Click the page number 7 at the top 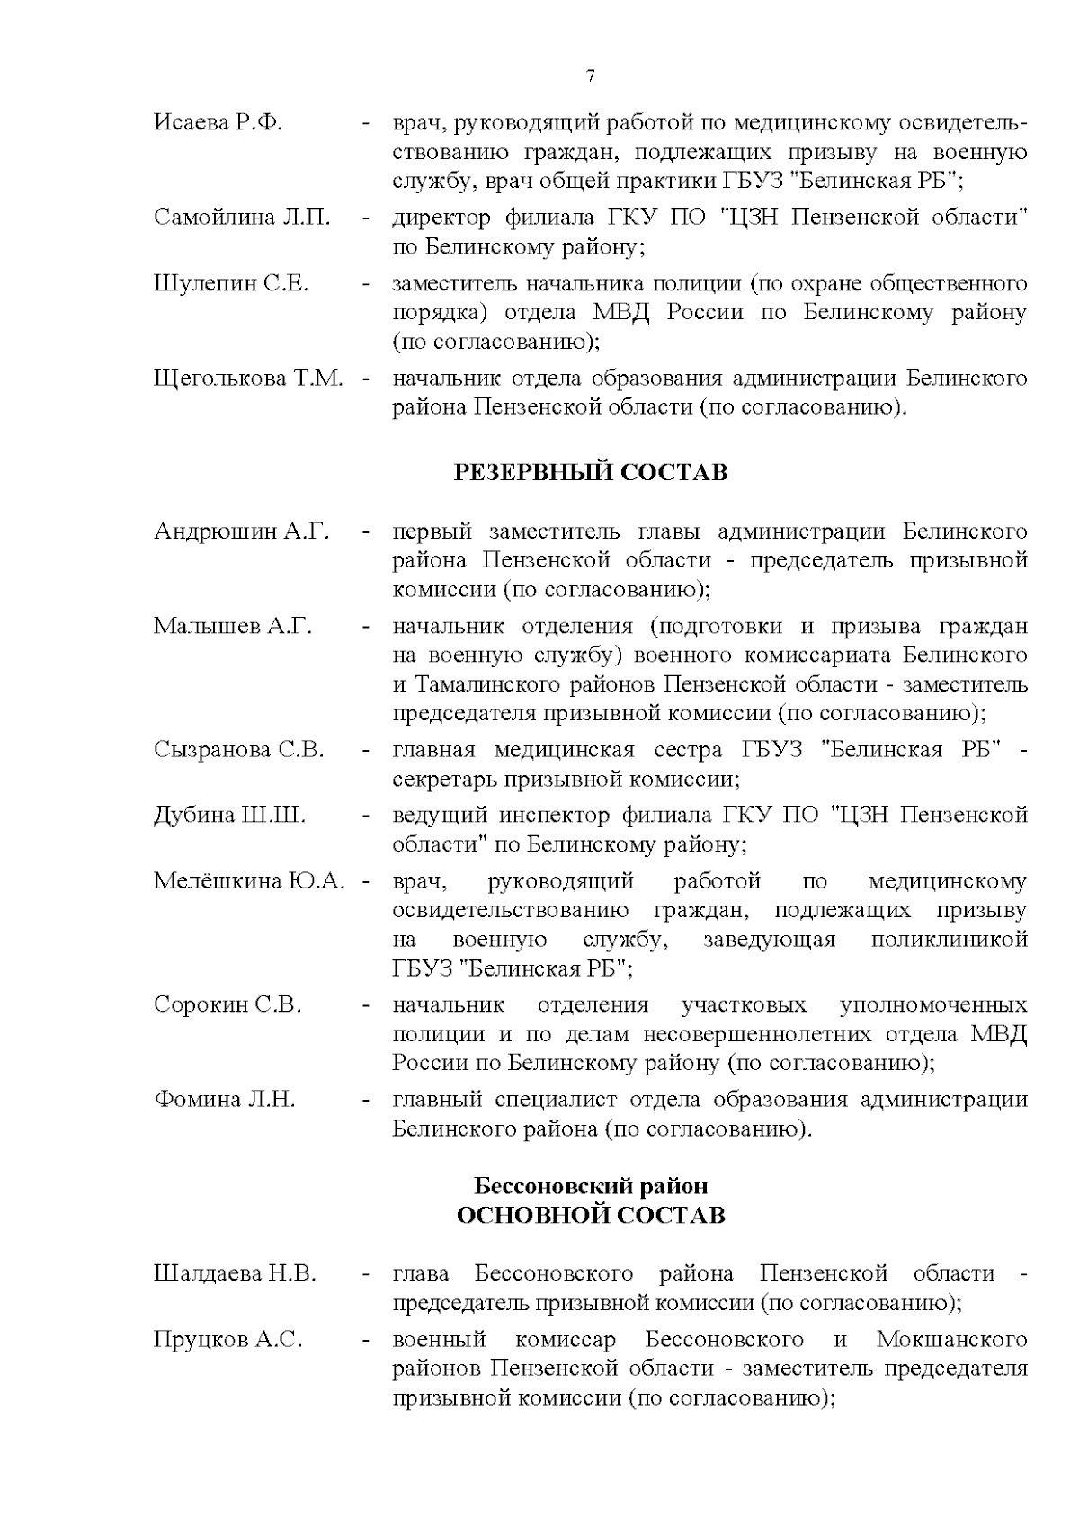(x=591, y=76)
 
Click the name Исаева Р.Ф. (x=218, y=123)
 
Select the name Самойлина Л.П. (x=242, y=218)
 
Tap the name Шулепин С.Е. (x=231, y=284)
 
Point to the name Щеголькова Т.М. (x=248, y=379)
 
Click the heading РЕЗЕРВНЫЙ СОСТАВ (x=590, y=473)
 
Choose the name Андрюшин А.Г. (x=241, y=531)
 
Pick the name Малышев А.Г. (x=233, y=627)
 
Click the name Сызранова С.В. (x=239, y=750)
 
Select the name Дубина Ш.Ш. (x=229, y=816)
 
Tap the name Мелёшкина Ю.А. (x=249, y=881)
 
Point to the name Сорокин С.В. (x=227, y=1004)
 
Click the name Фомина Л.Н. (x=224, y=1100)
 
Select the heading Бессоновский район (x=591, y=1186)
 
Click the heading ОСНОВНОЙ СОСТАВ (x=591, y=1216)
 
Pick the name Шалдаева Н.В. (x=235, y=1274)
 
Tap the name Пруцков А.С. (x=227, y=1340)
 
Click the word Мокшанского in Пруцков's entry (x=951, y=1340)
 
